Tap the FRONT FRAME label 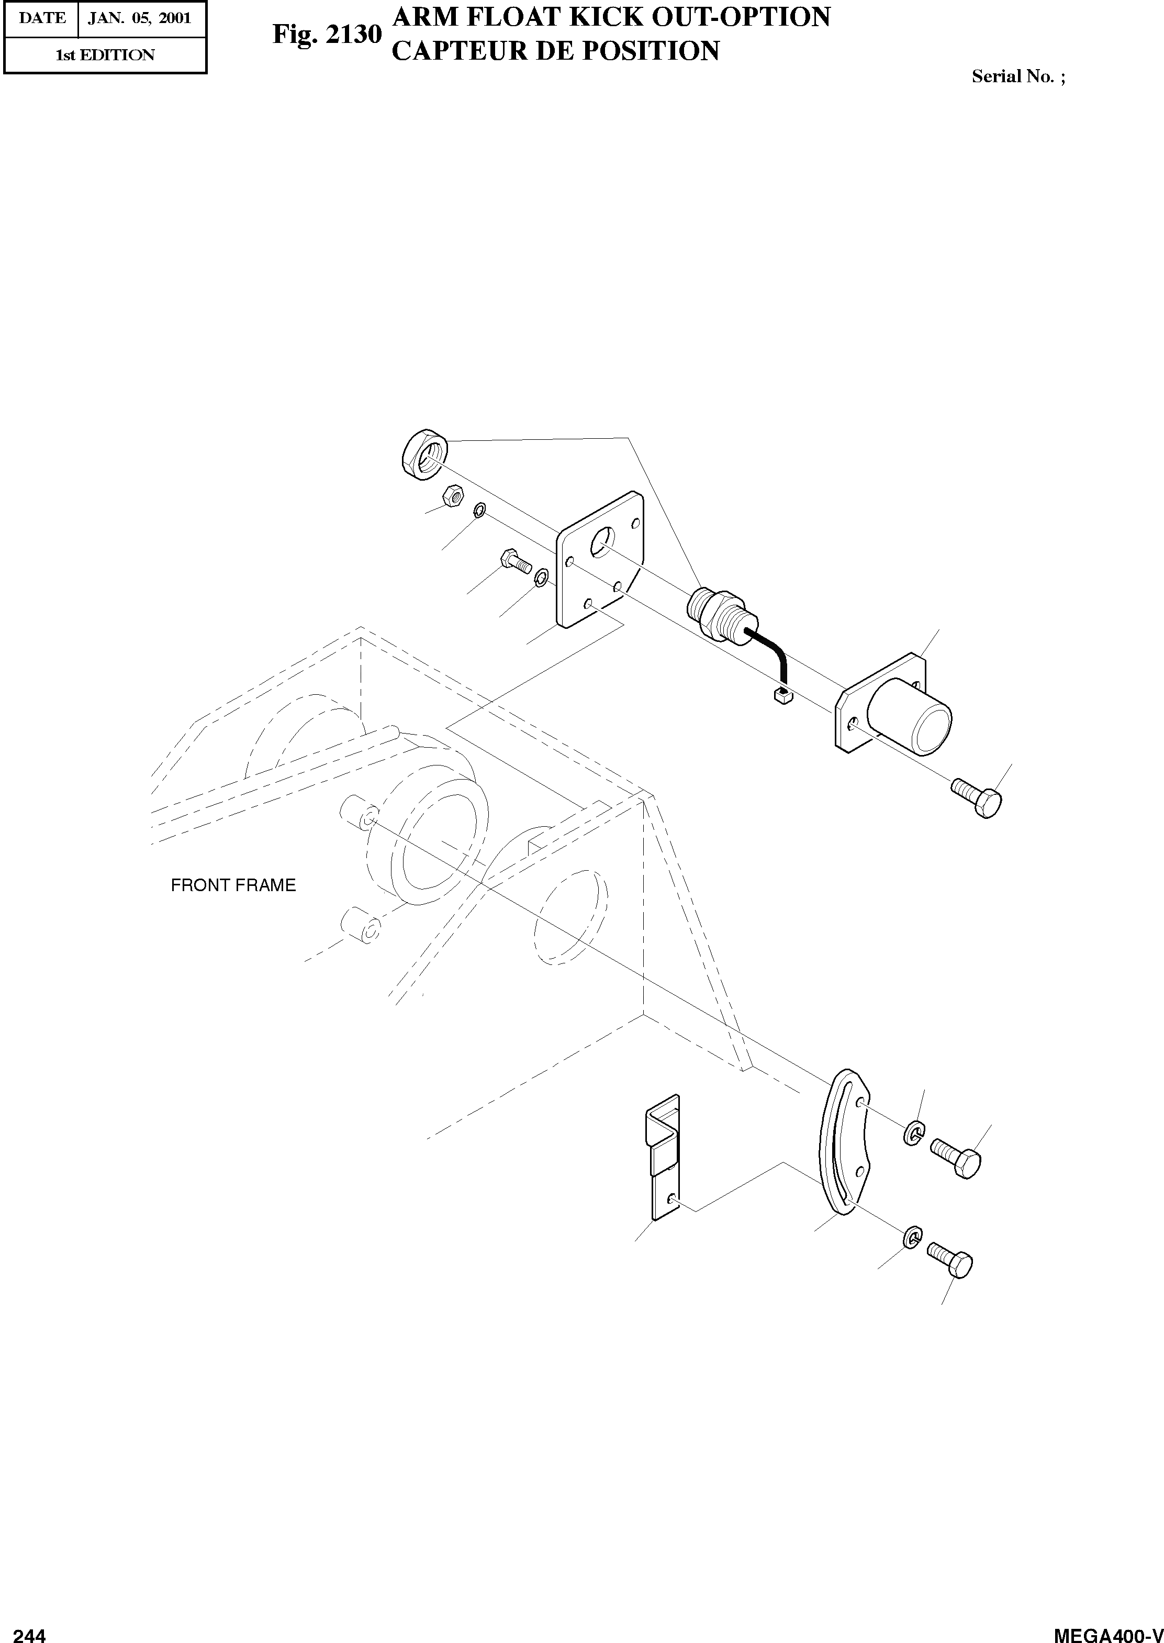pyautogui.click(x=233, y=885)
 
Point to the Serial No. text pyautogui.click(x=1018, y=76)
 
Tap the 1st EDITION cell pyautogui.click(x=105, y=55)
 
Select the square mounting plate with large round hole pyautogui.click(x=601, y=559)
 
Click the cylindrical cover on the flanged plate pyautogui.click(x=909, y=716)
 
